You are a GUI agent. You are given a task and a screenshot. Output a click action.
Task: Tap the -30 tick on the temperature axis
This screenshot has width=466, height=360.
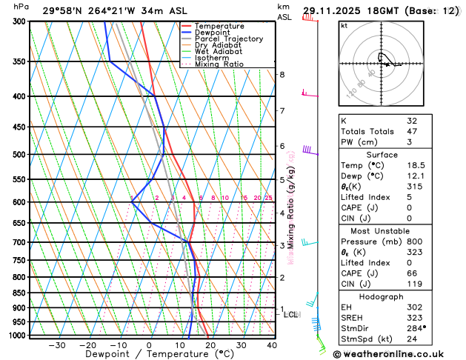tap(57, 345)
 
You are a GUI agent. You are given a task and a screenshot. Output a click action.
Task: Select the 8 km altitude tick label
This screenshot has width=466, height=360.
tap(282, 75)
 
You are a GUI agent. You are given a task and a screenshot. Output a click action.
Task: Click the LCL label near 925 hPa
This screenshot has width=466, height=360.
tap(290, 314)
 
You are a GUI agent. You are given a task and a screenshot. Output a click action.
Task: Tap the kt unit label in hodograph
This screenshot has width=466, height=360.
tap(344, 26)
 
